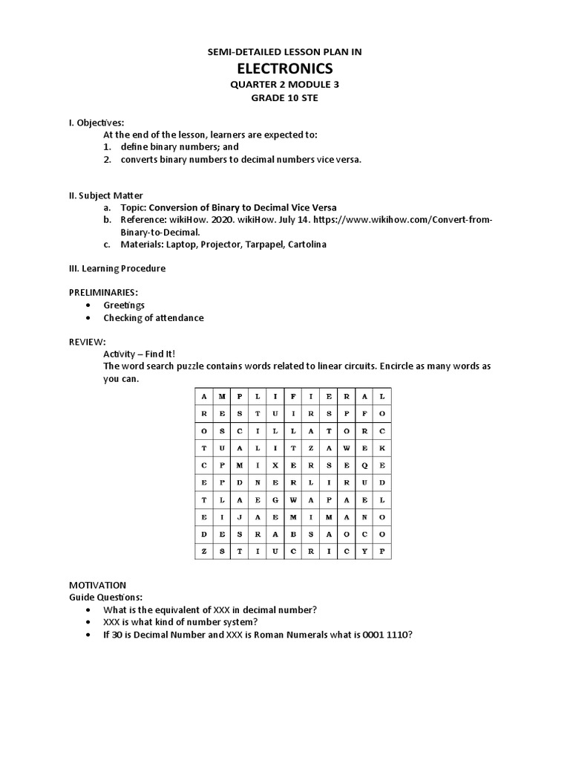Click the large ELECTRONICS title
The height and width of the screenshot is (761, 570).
click(x=285, y=69)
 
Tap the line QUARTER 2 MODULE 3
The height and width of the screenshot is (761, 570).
click(x=285, y=85)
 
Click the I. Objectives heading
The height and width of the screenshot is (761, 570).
click(x=96, y=122)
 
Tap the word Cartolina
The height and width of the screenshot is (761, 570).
click(x=303, y=245)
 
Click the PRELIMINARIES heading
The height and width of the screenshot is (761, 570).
click(x=103, y=293)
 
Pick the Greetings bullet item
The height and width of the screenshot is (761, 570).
click(x=124, y=305)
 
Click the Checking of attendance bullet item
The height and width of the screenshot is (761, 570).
click(x=153, y=317)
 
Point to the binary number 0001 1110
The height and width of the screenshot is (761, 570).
click(x=387, y=634)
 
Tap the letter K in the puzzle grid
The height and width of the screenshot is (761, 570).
click(x=381, y=447)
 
